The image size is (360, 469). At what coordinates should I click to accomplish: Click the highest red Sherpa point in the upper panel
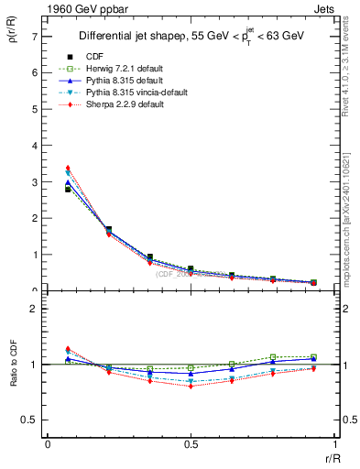(x=68, y=169)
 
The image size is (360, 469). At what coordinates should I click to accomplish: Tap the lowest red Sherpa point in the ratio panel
(x=191, y=386)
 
